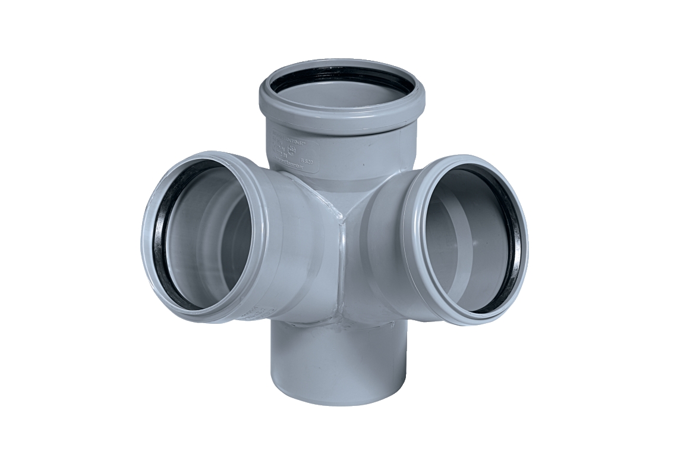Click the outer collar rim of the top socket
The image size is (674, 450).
coord(341,117)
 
